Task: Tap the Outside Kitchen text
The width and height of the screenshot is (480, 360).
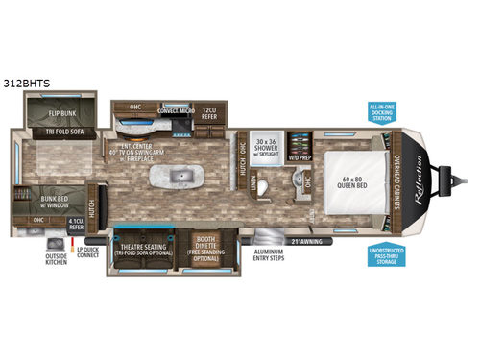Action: (55, 261)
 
